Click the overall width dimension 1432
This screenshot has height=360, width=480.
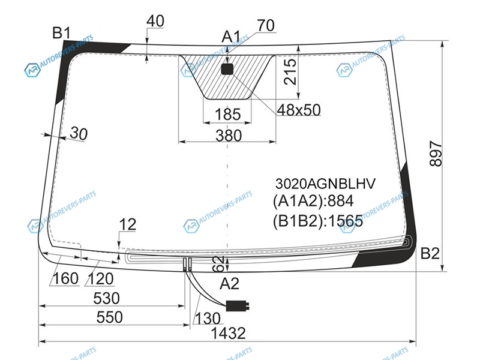tap(229, 333)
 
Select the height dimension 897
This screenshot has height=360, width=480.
tap(436, 154)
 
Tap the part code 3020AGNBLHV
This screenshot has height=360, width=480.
tap(325, 184)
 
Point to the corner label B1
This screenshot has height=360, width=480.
tap(62, 33)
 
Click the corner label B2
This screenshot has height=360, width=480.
tap(430, 253)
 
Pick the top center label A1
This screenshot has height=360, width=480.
tap(231, 37)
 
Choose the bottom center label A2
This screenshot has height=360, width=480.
tap(229, 284)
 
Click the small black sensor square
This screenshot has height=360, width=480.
tap(227, 69)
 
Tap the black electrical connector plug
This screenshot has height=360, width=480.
tap(237, 305)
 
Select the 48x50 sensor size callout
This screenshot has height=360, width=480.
tap(299, 110)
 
